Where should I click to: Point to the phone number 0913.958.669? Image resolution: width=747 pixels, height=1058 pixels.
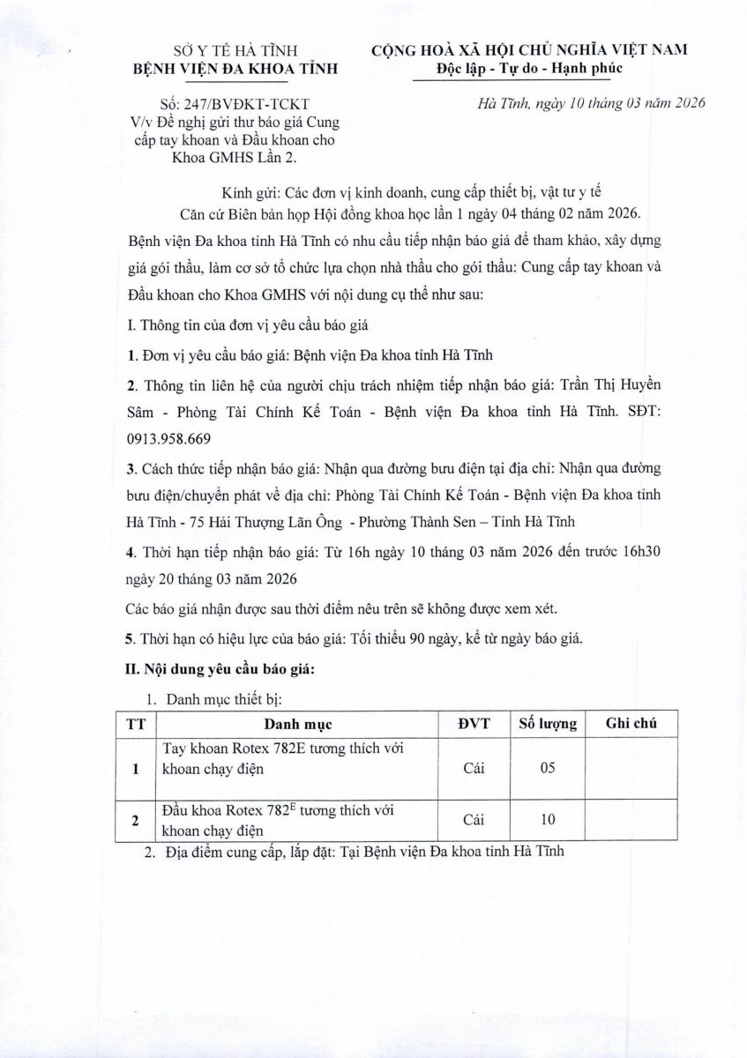click(x=169, y=437)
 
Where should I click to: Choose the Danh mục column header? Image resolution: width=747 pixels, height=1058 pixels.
click(x=298, y=724)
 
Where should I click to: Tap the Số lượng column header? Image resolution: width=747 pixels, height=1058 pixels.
click(x=547, y=724)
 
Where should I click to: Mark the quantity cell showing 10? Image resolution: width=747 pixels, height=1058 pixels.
click(x=547, y=819)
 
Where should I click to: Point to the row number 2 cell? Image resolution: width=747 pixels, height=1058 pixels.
click(x=136, y=820)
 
